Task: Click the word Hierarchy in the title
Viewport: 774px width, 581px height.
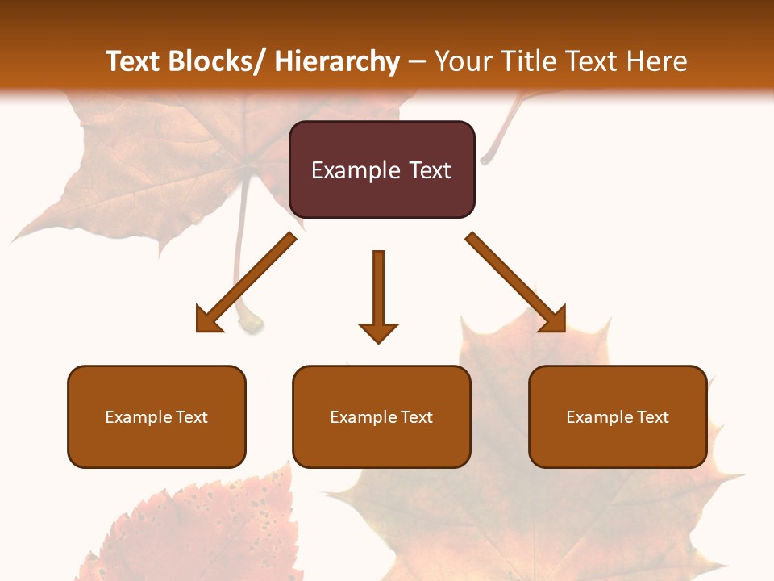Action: [x=337, y=61]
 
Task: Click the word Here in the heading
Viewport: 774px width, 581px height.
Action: [x=659, y=61]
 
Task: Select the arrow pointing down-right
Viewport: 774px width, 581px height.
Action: [x=516, y=282]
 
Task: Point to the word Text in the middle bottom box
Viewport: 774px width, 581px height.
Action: [x=417, y=417]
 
